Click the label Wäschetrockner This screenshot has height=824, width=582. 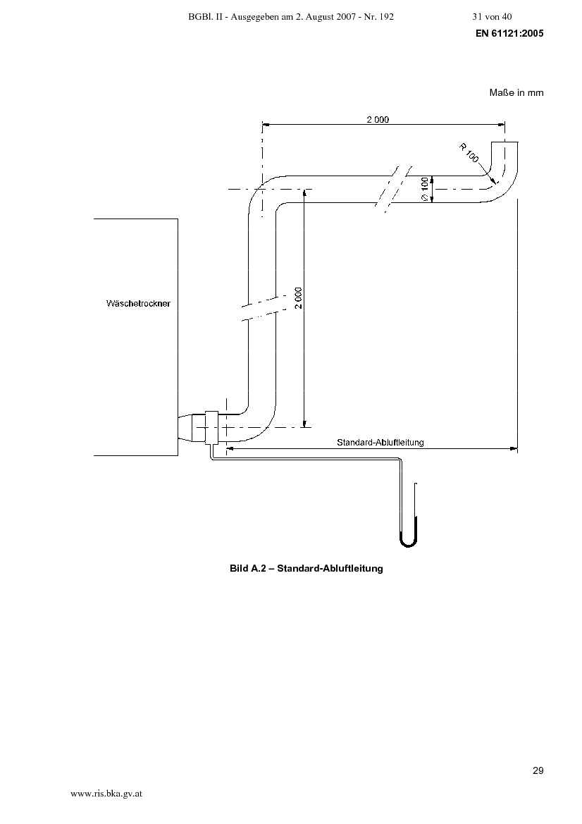click(x=138, y=303)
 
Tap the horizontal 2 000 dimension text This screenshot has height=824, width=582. click(x=378, y=119)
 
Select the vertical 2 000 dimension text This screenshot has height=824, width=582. click(x=298, y=298)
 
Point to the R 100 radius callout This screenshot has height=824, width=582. click(x=469, y=152)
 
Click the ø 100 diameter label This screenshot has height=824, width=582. click(x=425, y=189)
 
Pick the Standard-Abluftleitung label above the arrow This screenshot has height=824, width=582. click(x=380, y=442)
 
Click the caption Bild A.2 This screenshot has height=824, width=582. click(x=249, y=568)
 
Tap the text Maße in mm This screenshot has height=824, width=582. click(x=516, y=92)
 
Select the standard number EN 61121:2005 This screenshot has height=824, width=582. click(x=509, y=33)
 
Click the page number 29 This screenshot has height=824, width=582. click(x=538, y=770)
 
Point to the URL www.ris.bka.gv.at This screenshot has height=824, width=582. click(x=106, y=794)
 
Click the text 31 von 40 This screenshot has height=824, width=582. click(x=492, y=17)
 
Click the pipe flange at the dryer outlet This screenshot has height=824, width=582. click(x=211, y=427)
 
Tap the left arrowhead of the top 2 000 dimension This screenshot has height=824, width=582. click(x=266, y=125)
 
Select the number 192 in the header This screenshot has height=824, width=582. click(x=386, y=17)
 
